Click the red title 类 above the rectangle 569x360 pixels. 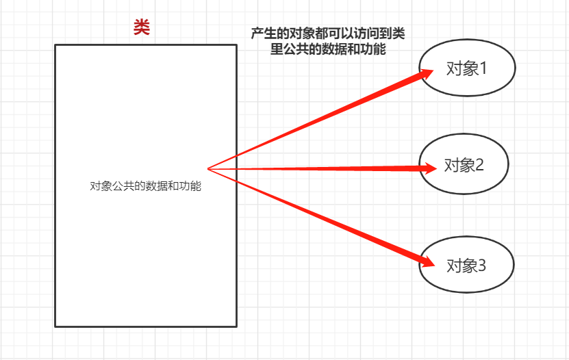tap(142, 28)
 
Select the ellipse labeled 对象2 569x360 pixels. tap(464, 164)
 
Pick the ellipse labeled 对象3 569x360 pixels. tap(466, 264)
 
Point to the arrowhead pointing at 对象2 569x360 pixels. tap(430, 168)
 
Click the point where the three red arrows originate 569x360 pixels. tap(208, 168)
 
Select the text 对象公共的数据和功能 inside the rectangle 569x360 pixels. tap(145, 186)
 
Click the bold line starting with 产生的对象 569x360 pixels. tap(324, 33)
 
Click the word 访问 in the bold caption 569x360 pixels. tap(366, 33)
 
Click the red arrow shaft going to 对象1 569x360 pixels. tap(315, 120)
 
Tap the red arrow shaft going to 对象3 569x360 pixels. tap(315, 214)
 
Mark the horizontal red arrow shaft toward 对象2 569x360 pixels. tap(315, 168)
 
